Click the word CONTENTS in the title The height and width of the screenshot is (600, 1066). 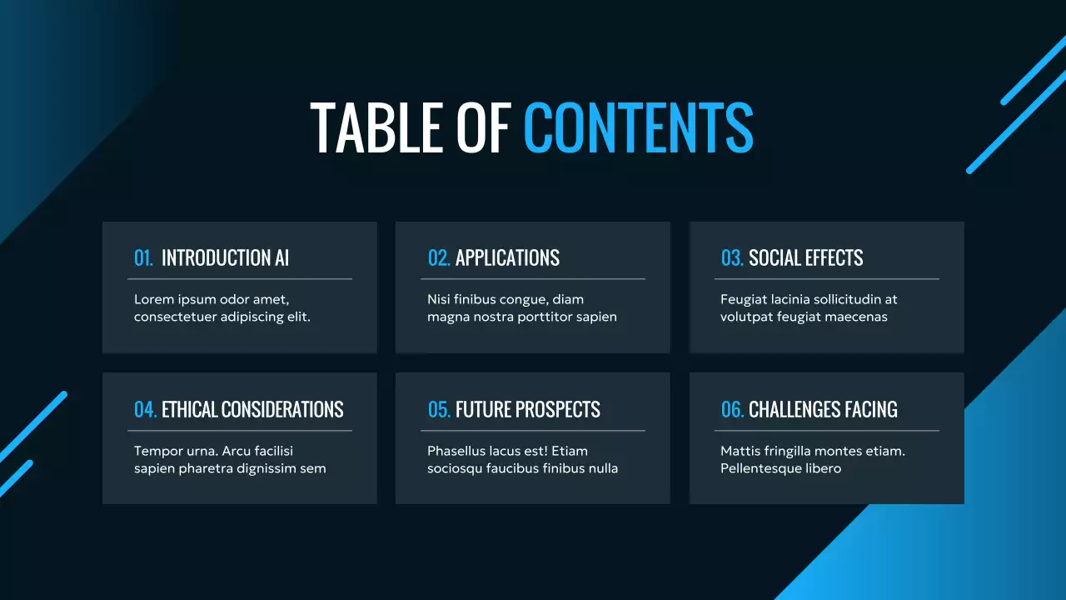(x=638, y=127)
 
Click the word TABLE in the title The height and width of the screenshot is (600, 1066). (x=376, y=127)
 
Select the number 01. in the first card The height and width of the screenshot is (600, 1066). (x=144, y=258)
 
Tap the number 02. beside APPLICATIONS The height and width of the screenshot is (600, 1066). (x=439, y=258)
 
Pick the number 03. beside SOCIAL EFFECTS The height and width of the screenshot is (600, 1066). (x=732, y=258)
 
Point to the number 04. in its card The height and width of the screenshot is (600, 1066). (x=145, y=410)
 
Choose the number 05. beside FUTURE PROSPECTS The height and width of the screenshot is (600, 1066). (x=439, y=410)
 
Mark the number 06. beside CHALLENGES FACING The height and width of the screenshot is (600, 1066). (x=732, y=410)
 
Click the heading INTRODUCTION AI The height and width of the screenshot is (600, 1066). (x=225, y=258)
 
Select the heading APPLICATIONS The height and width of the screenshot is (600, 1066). (x=507, y=258)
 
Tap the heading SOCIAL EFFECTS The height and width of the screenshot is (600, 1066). (x=805, y=258)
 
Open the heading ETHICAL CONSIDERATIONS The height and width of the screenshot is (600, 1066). (x=252, y=410)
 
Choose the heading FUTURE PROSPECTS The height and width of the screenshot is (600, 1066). (x=527, y=410)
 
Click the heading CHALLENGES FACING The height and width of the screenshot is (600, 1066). (x=823, y=410)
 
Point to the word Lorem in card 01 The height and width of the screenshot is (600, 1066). (x=152, y=299)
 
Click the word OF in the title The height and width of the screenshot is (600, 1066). (x=483, y=127)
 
